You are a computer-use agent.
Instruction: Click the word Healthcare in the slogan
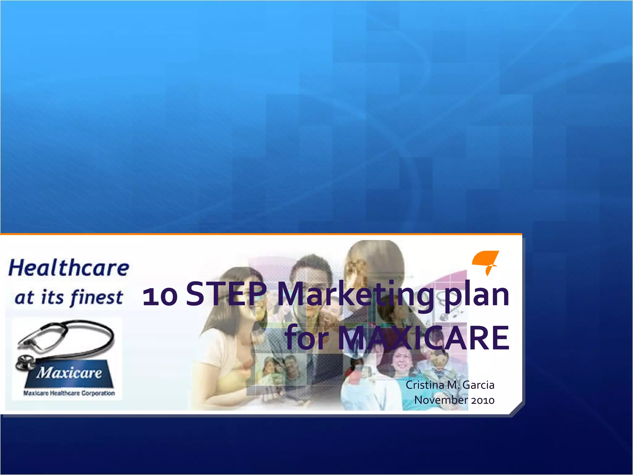point(69,268)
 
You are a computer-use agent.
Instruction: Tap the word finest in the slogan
point(96,297)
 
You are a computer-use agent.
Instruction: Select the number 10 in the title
point(160,296)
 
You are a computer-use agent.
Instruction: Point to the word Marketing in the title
point(355,295)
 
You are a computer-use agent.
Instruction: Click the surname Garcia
point(478,385)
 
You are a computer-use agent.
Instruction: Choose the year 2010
point(483,400)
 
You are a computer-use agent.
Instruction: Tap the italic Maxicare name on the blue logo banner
point(69,373)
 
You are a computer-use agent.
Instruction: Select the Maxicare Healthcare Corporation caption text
point(69,393)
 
